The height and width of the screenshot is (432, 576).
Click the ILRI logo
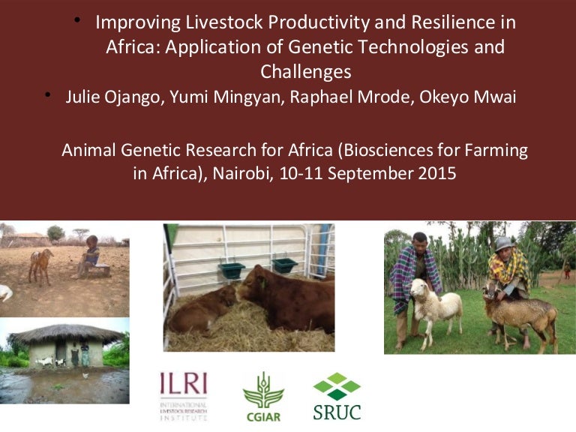(184, 395)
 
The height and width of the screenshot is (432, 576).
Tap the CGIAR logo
(262, 395)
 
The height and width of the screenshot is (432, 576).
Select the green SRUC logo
(337, 395)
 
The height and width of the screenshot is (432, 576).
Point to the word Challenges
(305, 72)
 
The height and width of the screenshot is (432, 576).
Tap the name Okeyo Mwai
(470, 97)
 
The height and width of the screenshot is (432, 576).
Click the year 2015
(436, 173)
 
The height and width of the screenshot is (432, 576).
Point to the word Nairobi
(242, 173)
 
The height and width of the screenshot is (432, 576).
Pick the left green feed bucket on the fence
(232, 268)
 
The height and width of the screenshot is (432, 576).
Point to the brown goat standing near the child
(40, 265)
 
